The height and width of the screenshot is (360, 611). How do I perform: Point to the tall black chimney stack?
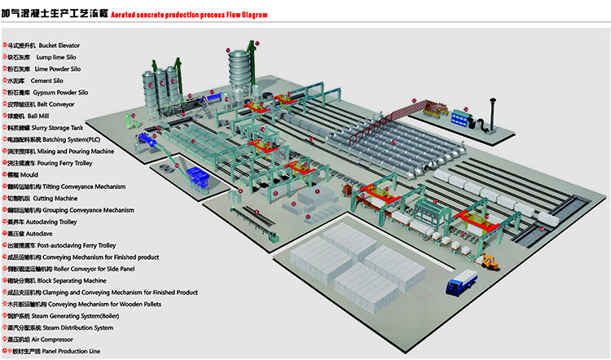[491, 113]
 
